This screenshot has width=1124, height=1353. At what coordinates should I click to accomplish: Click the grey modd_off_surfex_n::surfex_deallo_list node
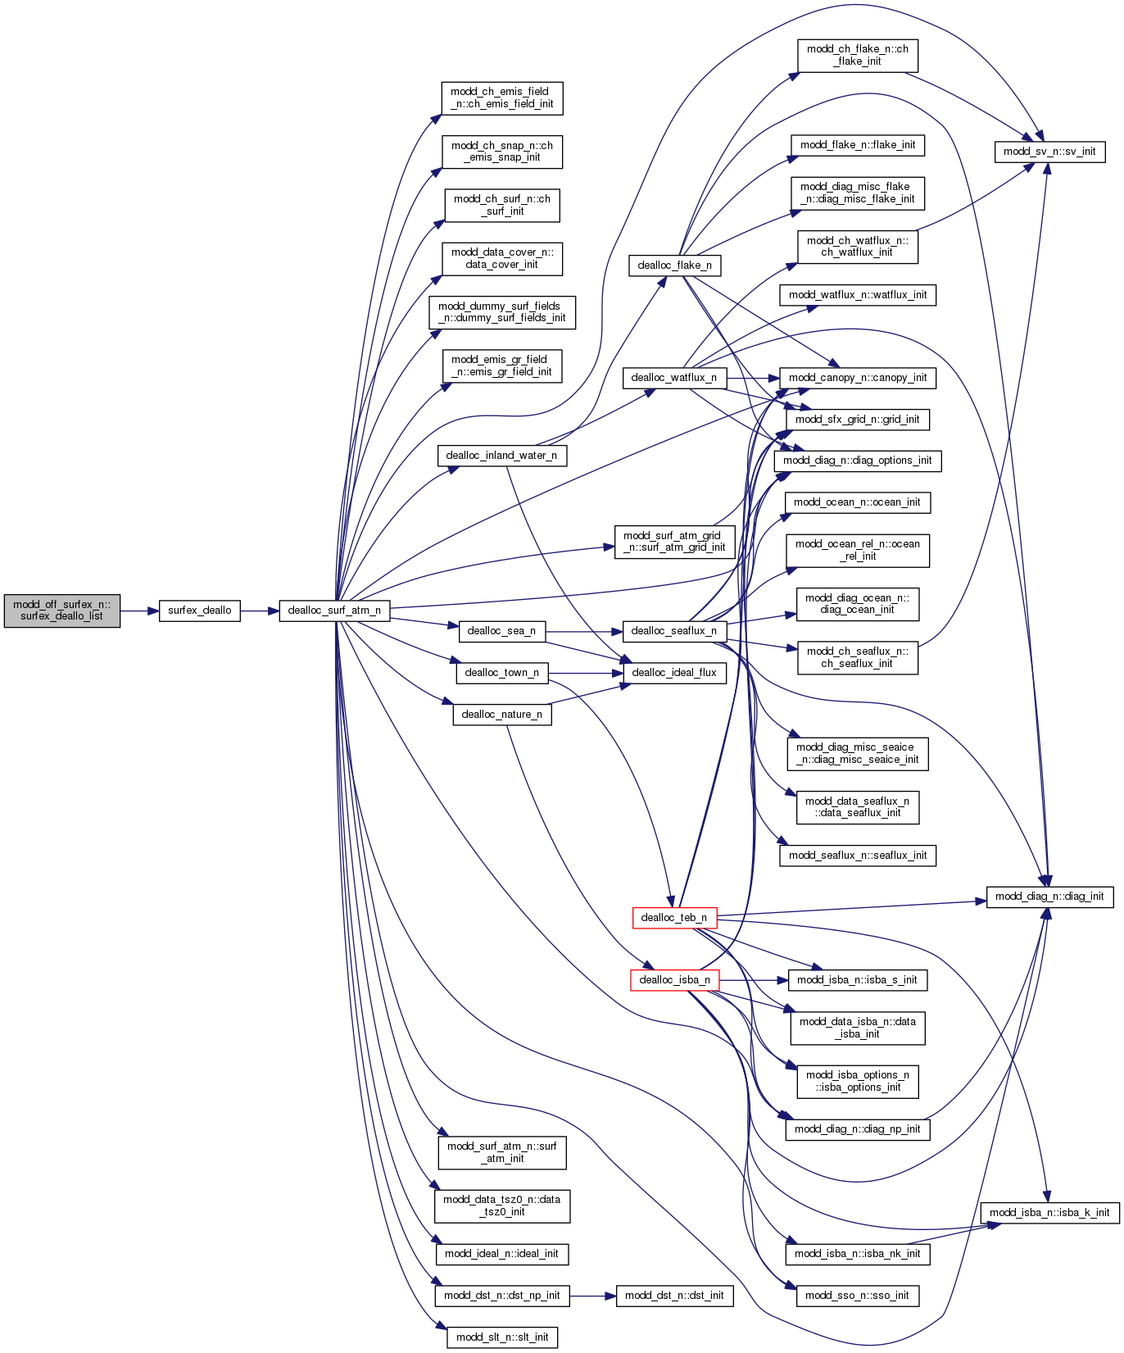tap(62, 611)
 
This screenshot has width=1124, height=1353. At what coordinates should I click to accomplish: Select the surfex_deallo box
tap(199, 611)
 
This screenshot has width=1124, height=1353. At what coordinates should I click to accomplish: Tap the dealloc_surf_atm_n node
tap(334, 611)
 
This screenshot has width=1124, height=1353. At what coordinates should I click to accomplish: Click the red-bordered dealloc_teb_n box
tap(674, 918)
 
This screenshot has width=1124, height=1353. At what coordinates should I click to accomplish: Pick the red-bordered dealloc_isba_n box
tap(674, 980)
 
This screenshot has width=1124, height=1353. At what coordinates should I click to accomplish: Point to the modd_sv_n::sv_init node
tap(1049, 152)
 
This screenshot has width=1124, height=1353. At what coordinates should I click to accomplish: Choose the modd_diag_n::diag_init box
tap(1049, 897)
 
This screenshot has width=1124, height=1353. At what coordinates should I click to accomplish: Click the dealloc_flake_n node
tap(674, 266)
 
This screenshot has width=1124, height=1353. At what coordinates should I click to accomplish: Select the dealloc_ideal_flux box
tap(674, 673)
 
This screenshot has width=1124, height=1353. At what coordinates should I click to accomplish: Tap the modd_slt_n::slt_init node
tap(502, 1337)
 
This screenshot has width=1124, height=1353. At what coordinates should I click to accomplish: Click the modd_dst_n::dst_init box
tap(674, 1296)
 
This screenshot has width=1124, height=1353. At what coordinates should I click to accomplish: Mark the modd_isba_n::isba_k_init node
tap(1049, 1213)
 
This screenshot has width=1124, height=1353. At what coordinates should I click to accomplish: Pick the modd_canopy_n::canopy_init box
tap(858, 378)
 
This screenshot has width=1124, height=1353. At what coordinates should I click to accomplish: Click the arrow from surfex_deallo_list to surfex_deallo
tap(139, 611)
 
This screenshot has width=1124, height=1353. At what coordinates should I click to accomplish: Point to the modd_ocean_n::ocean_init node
tap(857, 502)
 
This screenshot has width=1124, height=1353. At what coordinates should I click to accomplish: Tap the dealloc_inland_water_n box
tap(501, 456)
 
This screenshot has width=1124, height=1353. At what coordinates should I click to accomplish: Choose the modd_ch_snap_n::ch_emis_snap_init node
tap(502, 152)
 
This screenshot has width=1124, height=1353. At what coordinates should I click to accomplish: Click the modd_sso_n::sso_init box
tap(857, 1296)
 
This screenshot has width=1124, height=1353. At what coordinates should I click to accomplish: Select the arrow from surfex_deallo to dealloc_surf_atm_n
tap(260, 611)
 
